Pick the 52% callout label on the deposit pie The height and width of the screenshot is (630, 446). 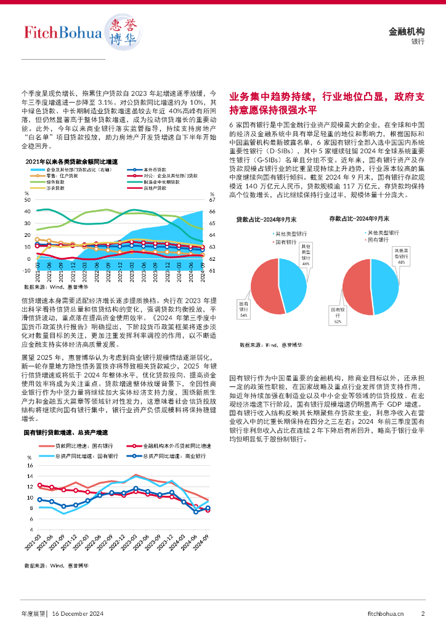point(338,316)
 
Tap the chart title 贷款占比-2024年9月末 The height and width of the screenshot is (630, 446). point(266,219)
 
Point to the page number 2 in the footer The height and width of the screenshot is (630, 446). point(423,613)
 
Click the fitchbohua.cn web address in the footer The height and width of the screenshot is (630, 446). point(386,613)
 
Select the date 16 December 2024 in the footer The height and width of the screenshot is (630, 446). point(78,613)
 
